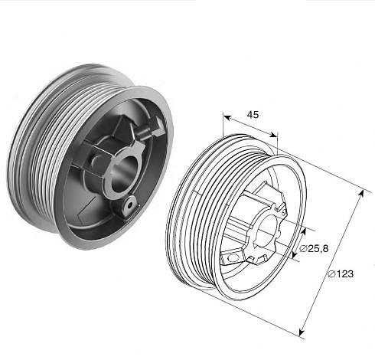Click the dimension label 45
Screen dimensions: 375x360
tap(253, 115)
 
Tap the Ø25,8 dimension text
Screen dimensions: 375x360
tap(314, 248)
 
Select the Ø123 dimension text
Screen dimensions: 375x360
tap(341, 274)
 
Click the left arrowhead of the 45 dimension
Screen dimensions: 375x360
tap(227, 117)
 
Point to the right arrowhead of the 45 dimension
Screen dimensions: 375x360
tap(273, 135)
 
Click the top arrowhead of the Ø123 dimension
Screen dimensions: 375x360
tap(361, 194)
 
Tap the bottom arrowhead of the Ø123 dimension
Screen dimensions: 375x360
tap(302, 332)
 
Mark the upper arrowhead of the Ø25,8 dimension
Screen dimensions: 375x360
tap(303, 231)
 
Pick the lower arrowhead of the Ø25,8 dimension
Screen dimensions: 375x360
tap(294, 254)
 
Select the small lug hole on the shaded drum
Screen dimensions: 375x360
tap(130, 205)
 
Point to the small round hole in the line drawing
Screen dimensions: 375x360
tap(231, 258)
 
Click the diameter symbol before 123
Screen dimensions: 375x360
tap(331, 274)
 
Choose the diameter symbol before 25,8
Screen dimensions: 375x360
tap(303, 248)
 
